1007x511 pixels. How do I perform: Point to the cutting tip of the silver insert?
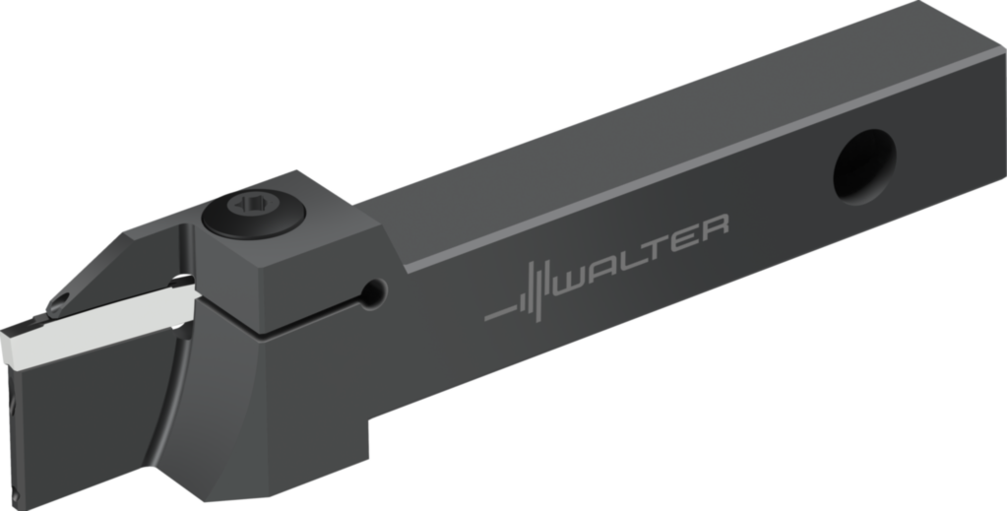click(8, 345)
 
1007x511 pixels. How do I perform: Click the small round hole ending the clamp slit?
click(373, 290)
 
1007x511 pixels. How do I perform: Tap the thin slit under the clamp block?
click(315, 315)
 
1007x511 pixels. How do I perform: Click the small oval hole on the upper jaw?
click(62, 295)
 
